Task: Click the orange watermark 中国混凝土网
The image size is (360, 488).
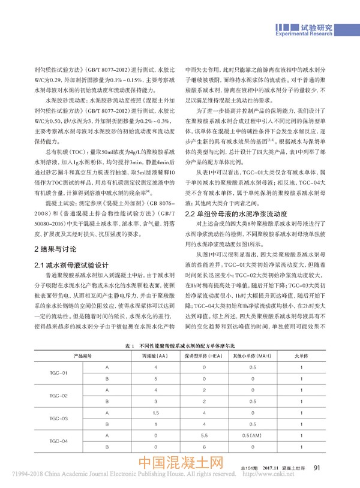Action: pyautogui.click(x=181, y=465)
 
